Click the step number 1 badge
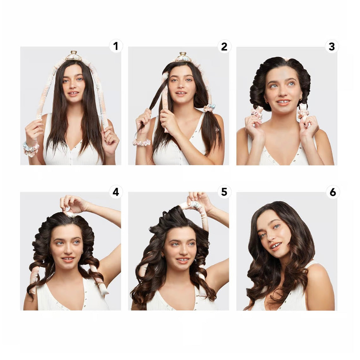click(116, 46)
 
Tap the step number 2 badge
click(224, 47)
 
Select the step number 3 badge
click(332, 47)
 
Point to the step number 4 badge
click(116, 192)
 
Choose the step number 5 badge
click(224, 192)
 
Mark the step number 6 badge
click(333, 192)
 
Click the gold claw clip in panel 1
click(74, 56)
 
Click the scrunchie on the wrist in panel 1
click(31, 149)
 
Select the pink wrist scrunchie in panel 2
click(142, 142)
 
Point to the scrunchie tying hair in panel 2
click(209, 108)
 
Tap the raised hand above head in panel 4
click(73, 204)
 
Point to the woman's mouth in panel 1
click(73, 93)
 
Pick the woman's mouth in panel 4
click(68, 259)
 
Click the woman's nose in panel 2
click(181, 86)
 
